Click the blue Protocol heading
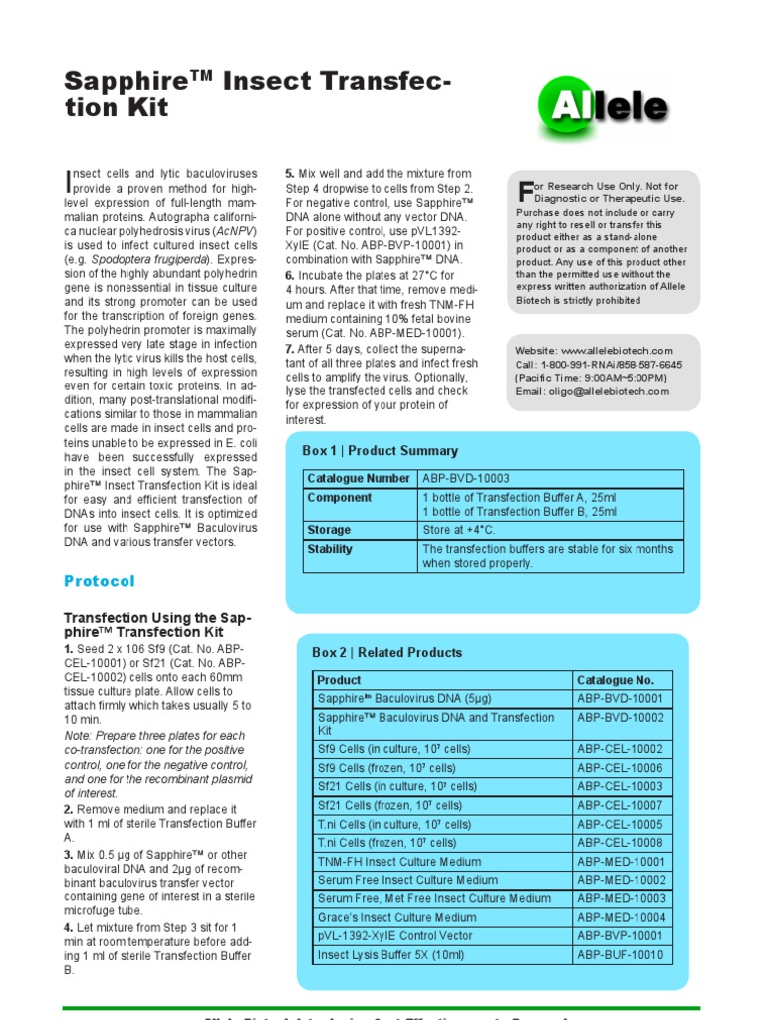99,581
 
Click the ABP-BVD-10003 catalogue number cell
466,479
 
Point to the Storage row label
329,530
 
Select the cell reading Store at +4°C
459,530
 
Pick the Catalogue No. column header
616,680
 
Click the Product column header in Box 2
339,680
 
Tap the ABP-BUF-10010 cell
620,955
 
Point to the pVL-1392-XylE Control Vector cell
394,936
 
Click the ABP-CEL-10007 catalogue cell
620,805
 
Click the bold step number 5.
290,173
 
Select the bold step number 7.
290,349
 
